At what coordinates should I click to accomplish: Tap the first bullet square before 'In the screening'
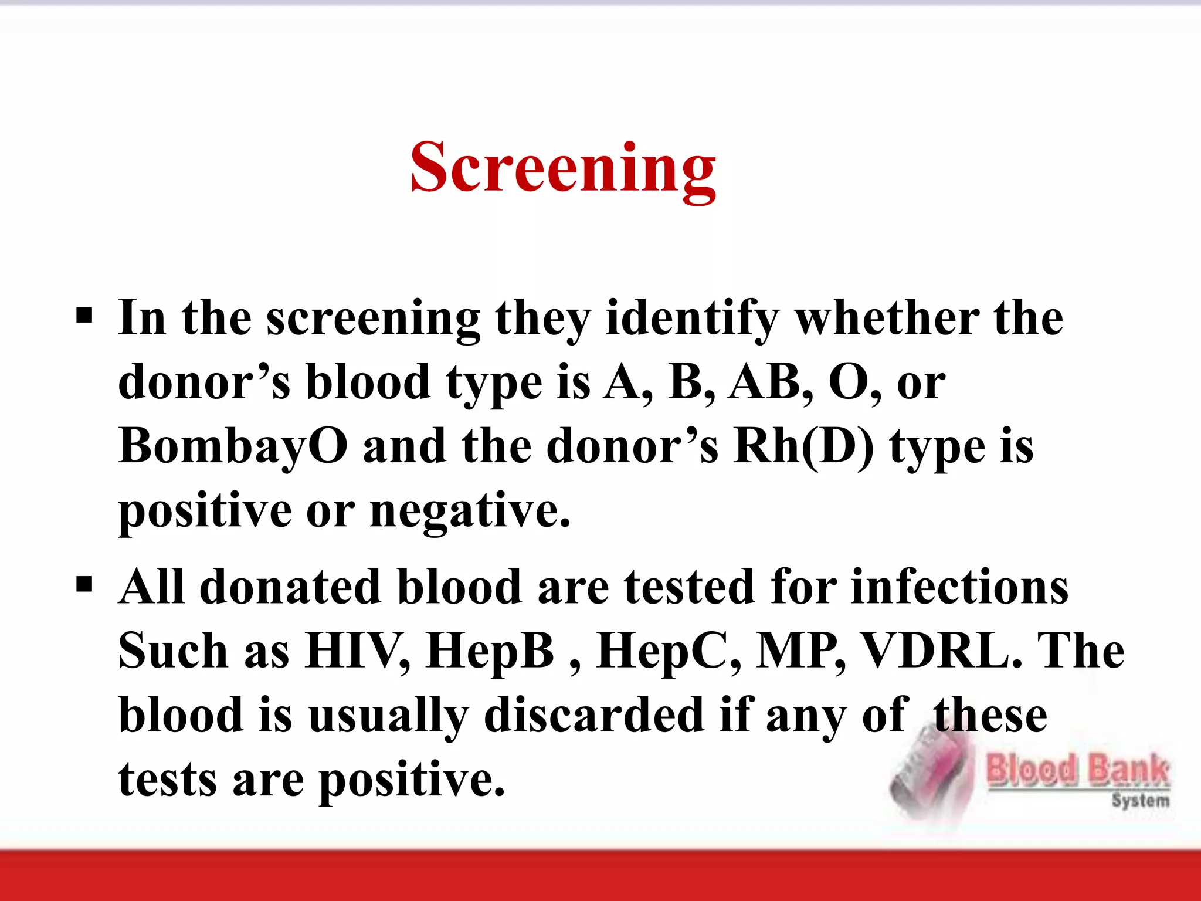click(84, 316)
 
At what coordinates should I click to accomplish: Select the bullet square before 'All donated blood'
click(84, 585)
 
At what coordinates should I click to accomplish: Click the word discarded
click(593, 716)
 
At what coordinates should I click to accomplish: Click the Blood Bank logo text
click(1078, 770)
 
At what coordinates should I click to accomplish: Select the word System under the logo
click(1140, 800)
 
